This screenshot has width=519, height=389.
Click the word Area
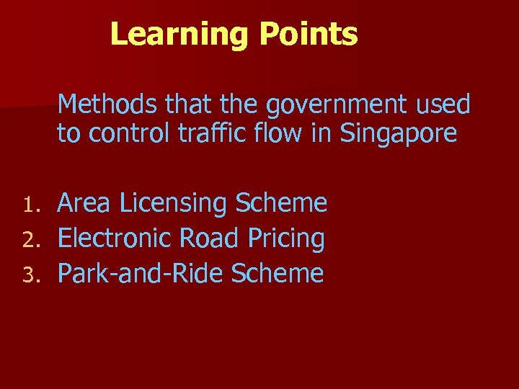[x=84, y=205]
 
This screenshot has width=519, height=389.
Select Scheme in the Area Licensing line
[x=281, y=204]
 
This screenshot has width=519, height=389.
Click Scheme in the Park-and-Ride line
[x=278, y=274]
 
